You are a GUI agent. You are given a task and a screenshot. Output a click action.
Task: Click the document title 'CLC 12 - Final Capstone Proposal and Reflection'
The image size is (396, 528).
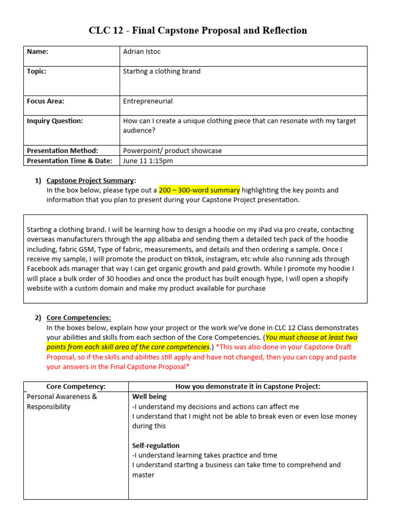(x=198, y=30)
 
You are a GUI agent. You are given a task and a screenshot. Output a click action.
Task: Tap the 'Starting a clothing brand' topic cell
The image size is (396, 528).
(x=161, y=71)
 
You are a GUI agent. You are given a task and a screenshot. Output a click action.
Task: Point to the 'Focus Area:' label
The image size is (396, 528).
(x=45, y=101)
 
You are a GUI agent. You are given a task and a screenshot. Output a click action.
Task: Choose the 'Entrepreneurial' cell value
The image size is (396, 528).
(x=147, y=101)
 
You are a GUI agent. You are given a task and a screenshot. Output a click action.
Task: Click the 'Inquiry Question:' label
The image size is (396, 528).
(x=55, y=121)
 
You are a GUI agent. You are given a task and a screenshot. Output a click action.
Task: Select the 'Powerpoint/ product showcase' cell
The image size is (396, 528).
(x=172, y=151)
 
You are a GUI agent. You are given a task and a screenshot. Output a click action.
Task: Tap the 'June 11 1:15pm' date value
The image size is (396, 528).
(x=148, y=160)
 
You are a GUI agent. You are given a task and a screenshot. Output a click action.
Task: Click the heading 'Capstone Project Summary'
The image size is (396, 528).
(x=90, y=180)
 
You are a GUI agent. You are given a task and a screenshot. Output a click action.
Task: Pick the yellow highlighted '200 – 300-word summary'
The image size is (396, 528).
(x=199, y=190)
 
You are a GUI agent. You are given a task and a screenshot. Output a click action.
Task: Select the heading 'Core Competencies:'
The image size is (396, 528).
(x=78, y=318)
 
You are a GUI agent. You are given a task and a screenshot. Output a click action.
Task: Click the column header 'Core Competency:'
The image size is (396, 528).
(x=76, y=386)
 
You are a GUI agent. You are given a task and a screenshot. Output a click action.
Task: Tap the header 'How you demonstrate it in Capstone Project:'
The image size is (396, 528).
(x=247, y=386)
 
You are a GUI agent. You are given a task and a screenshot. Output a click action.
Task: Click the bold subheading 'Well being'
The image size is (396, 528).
(x=150, y=397)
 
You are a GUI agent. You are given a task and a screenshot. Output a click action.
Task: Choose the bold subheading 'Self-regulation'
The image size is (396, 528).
(x=156, y=445)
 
